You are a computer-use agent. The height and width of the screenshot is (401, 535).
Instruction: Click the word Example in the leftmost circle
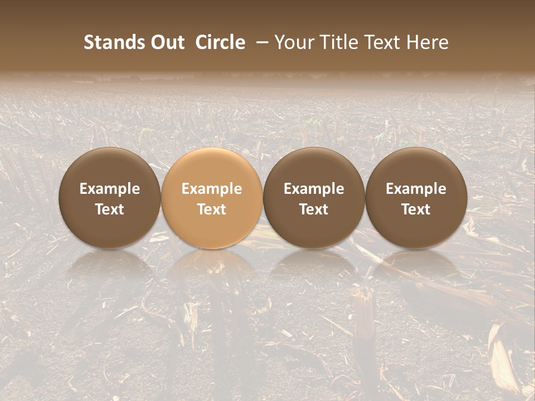click(x=110, y=189)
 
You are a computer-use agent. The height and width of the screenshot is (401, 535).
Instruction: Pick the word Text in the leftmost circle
click(x=110, y=209)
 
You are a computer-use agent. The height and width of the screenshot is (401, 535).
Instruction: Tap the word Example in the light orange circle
click(x=212, y=189)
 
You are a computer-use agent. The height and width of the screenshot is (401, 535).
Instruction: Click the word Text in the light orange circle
click(x=212, y=209)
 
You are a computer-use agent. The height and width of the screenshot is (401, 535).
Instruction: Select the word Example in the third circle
click(x=314, y=189)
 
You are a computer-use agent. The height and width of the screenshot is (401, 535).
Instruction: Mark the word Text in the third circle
click(x=314, y=209)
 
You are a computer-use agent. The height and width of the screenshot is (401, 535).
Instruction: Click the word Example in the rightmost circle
click(x=416, y=189)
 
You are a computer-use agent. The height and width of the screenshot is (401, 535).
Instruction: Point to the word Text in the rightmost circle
click(x=416, y=209)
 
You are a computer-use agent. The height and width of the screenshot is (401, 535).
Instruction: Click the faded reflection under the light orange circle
click(x=212, y=270)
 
